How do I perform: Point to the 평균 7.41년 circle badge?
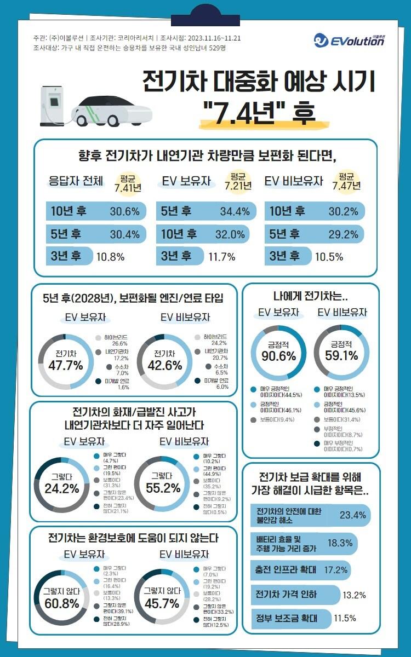pyautogui.click(x=128, y=183)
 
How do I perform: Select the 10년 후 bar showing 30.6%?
pyautogui.click(x=96, y=211)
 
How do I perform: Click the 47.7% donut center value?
pyautogui.click(x=65, y=364)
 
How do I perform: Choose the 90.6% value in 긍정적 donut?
pyautogui.click(x=278, y=355)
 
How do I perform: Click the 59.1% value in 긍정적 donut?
pyautogui.click(x=341, y=355)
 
